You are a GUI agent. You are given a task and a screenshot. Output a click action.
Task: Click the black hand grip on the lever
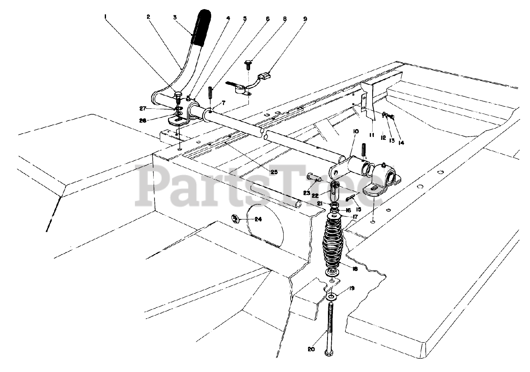(202, 28)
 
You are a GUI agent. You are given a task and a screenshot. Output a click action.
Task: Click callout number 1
(106, 17)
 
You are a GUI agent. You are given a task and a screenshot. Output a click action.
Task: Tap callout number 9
(305, 18)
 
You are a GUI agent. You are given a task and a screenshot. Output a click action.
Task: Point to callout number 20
(311, 349)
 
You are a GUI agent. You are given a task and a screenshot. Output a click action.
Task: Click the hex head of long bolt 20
(330, 353)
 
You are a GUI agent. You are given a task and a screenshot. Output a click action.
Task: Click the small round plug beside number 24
(235, 218)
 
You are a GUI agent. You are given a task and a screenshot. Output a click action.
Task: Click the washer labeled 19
(332, 297)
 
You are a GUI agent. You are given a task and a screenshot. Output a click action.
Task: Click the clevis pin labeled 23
(315, 178)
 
